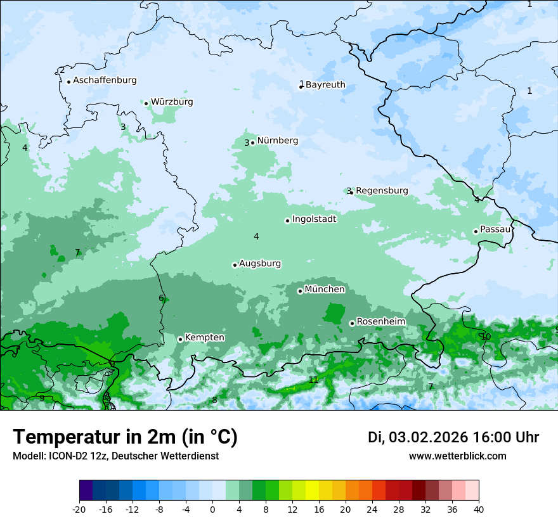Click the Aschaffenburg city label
[x=105, y=80]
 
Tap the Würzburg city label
[x=172, y=102]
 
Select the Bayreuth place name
[x=325, y=85]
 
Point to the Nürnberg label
[x=277, y=141]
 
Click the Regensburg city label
[x=382, y=191]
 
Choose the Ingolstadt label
[x=314, y=219]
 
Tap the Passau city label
[x=495, y=229]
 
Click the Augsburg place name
[x=260, y=264]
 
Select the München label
[x=325, y=290]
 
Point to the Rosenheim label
[x=380, y=322]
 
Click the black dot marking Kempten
[x=180, y=339]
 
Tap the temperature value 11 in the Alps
[x=313, y=380]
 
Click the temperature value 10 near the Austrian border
[x=486, y=337]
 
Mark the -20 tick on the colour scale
[x=79, y=509]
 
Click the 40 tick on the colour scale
[x=478, y=509]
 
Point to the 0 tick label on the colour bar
[x=212, y=509]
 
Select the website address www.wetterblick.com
[x=457, y=456]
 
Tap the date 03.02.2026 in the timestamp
[x=428, y=437]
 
